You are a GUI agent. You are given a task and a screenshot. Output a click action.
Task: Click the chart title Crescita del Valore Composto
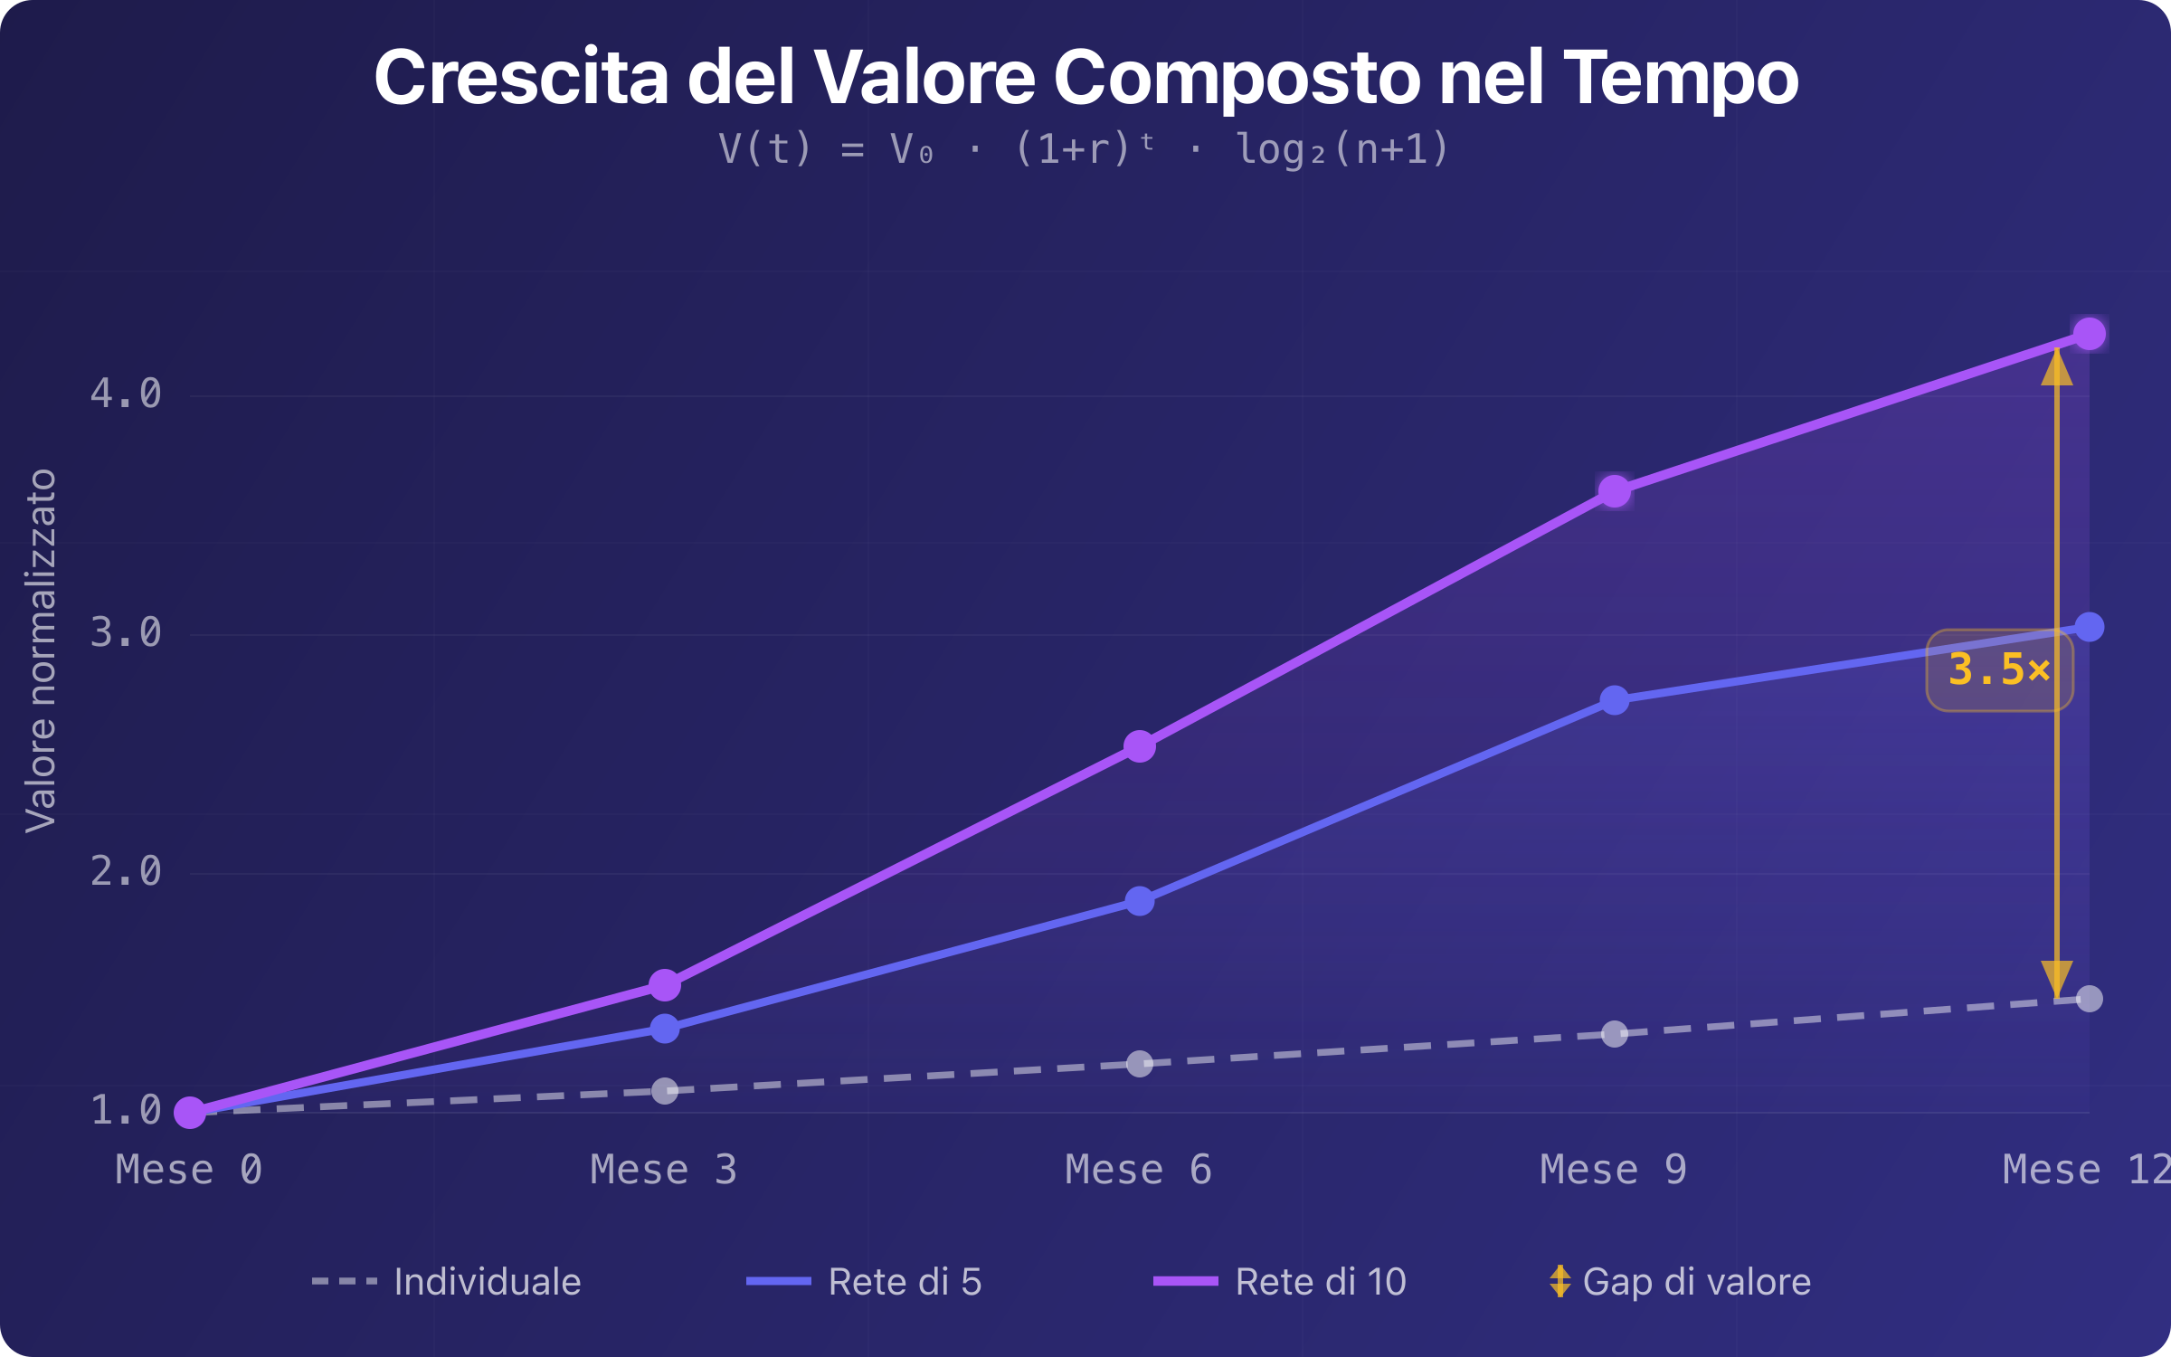tap(1085, 78)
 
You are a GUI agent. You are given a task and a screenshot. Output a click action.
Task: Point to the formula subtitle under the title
tap(1084, 149)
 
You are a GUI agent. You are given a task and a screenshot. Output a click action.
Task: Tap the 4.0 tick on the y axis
tap(126, 394)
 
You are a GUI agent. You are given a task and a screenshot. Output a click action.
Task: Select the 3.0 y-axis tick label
tap(126, 633)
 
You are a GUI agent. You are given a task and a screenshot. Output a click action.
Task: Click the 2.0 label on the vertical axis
tap(126, 872)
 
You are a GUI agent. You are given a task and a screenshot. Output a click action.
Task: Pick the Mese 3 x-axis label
tap(663, 1170)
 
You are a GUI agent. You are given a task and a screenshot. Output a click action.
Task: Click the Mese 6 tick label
tap(1138, 1170)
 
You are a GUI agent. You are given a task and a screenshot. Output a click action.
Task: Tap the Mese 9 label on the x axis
tap(1613, 1170)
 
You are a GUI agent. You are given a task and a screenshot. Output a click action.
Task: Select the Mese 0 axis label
tap(189, 1170)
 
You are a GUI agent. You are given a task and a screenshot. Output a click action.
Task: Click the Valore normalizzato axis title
tap(42, 650)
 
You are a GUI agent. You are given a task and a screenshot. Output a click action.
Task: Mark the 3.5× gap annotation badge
tap(1999, 670)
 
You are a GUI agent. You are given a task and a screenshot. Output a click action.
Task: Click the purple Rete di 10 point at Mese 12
tap(2089, 334)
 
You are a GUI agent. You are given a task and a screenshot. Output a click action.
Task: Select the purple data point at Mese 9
tap(1615, 492)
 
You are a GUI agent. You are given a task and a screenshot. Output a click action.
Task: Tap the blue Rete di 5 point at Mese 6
tap(1140, 901)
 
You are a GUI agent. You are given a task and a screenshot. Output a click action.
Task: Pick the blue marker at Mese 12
tap(2089, 627)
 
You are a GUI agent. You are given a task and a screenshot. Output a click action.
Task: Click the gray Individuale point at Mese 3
tap(665, 1091)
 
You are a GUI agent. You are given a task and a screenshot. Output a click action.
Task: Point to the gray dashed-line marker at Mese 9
tap(1615, 1034)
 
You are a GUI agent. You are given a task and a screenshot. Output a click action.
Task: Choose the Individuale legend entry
tap(447, 1282)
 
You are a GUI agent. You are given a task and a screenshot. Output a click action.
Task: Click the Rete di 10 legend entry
tap(1280, 1282)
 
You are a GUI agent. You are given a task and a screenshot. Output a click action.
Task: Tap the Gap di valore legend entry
tap(1681, 1282)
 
